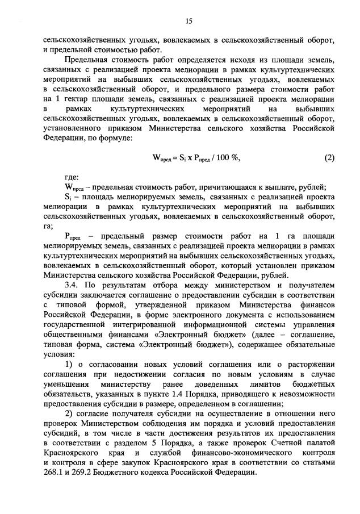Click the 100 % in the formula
point(227,158)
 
